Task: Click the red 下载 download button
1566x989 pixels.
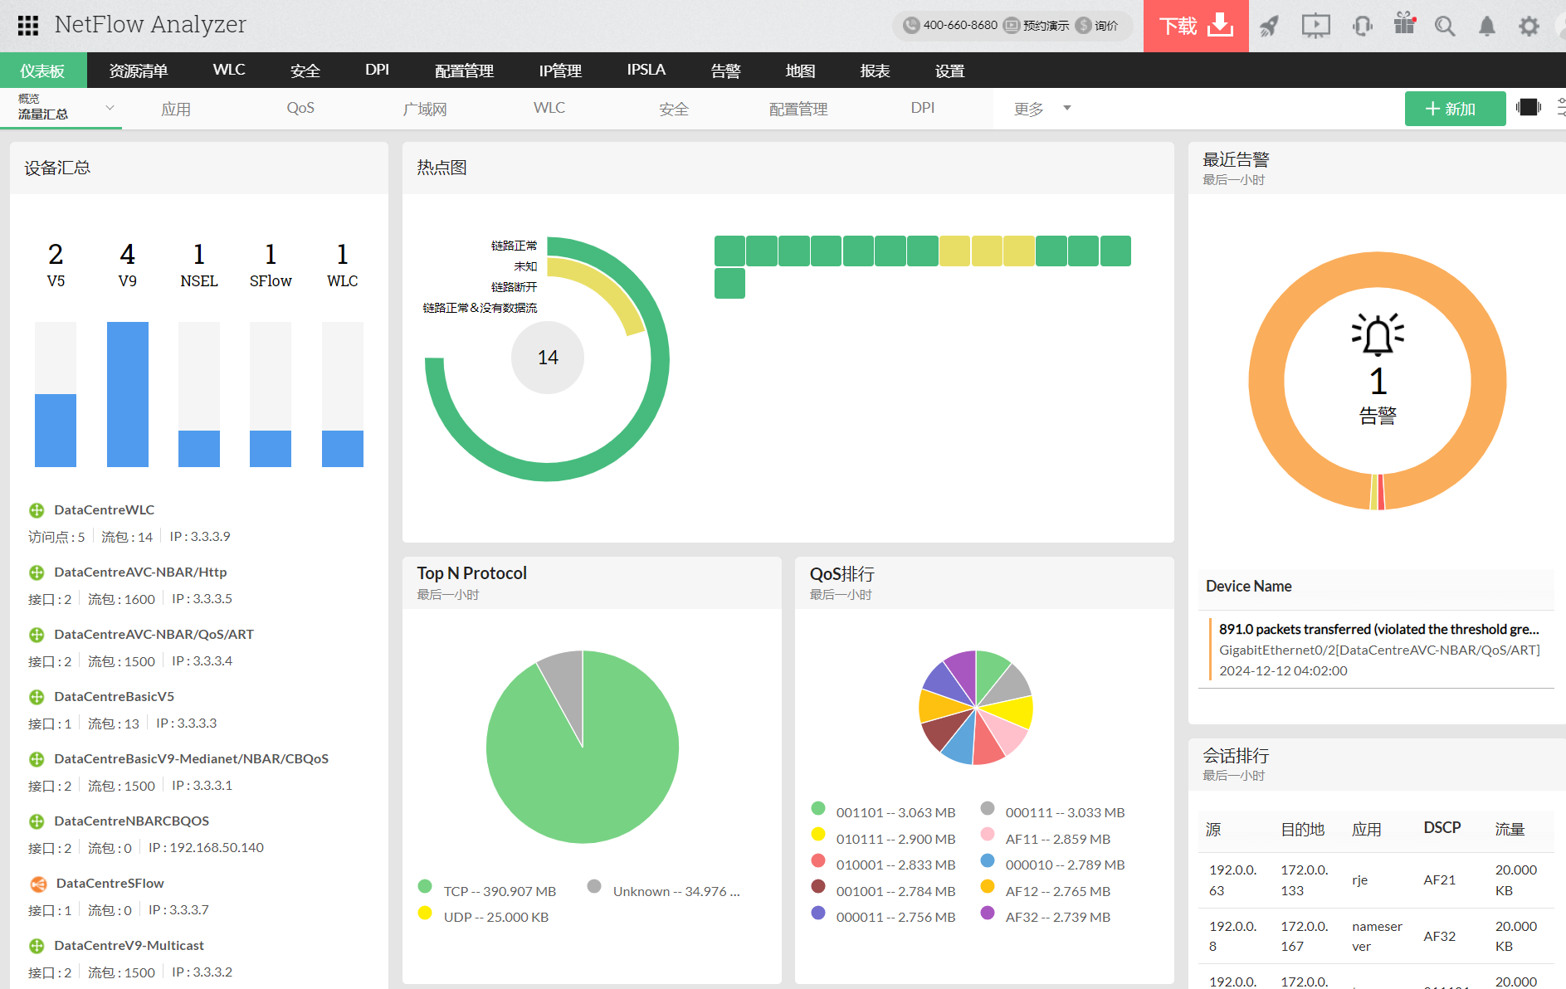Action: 1195,26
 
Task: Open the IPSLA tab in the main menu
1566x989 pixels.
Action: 646,70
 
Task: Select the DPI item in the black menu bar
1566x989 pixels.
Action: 377,70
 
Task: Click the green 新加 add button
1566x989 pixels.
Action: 1454,109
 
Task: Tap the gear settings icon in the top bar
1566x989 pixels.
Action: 1528,27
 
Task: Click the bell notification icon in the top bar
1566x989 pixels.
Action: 1486,27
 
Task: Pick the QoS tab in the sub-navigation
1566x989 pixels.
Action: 300,109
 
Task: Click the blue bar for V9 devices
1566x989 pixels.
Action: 128,394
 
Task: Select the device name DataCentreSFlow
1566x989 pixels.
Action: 110,883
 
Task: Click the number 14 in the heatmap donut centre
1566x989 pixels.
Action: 548,358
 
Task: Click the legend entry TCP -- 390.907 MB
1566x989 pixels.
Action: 499,891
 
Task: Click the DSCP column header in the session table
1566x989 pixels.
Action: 1442,828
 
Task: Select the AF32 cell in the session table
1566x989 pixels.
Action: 1439,936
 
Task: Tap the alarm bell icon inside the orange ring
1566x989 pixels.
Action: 1378,335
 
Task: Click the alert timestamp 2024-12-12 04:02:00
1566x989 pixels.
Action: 1283,670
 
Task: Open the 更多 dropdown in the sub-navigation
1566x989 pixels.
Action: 1042,109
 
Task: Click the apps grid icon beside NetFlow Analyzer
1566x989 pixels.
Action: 28,26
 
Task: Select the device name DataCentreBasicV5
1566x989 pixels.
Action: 114,696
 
